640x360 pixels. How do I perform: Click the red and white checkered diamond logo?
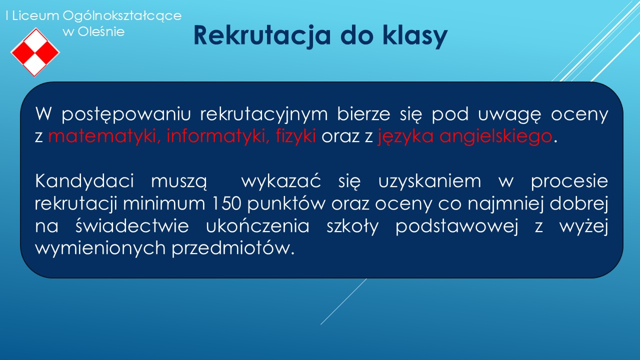tap(35, 52)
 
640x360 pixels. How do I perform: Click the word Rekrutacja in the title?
tap(262, 36)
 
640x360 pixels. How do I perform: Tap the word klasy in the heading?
tap(415, 36)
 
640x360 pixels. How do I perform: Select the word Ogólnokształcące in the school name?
tap(122, 16)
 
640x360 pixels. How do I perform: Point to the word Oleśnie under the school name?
tap(101, 31)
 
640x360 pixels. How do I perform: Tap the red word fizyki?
tap(295, 136)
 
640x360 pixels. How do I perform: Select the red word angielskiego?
tap(495, 136)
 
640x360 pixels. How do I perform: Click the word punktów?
tap(286, 204)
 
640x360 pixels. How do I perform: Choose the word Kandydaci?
tap(84, 181)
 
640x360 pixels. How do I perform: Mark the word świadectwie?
tap(132, 225)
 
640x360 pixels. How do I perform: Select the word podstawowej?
tap(456, 226)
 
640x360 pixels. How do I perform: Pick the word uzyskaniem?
tap(429, 181)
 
